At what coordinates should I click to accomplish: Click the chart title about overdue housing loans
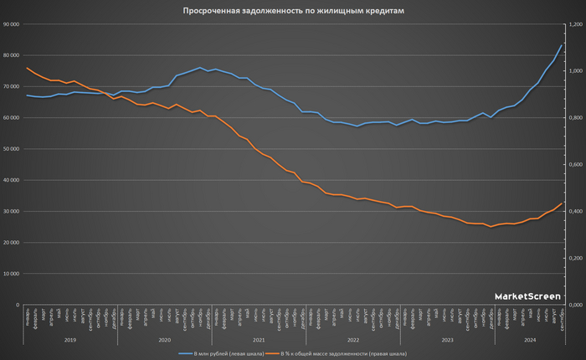pyautogui.click(x=293, y=12)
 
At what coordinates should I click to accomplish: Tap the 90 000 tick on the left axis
pyautogui.click(x=11, y=24)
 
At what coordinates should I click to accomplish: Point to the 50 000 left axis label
pyautogui.click(x=11, y=149)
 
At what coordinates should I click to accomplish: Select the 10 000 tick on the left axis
pyautogui.click(x=11, y=274)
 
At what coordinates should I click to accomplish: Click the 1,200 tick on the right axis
pyautogui.click(x=575, y=24)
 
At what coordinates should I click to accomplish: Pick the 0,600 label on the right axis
pyautogui.click(x=575, y=165)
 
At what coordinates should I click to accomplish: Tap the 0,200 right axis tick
pyautogui.click(x=575, y=258)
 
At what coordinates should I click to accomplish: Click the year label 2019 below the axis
pyautogui.click(x=70, y=339)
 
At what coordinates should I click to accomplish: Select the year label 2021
pyautogui.click(x=259, y=339)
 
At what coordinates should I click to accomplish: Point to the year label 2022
pyautogui.click(x=353, y=339)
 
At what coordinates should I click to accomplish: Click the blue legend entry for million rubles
pyautogui.click(x=223, y=354)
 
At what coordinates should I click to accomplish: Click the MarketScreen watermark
pyautogui.click(x=527, y=296)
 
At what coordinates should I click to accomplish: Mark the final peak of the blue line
pyautogui.click(x=561, y=45)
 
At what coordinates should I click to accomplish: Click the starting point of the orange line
pyautogui.click(x=28, y=68)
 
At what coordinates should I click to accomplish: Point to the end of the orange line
pyautogui.click(x=561, y=203)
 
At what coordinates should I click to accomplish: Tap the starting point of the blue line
pyautogui.click(x=28, y=95)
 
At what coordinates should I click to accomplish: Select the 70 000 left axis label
pyautogui.click(x=11, y=87)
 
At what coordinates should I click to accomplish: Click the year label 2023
pyautogui.click(x=447, y=339)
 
